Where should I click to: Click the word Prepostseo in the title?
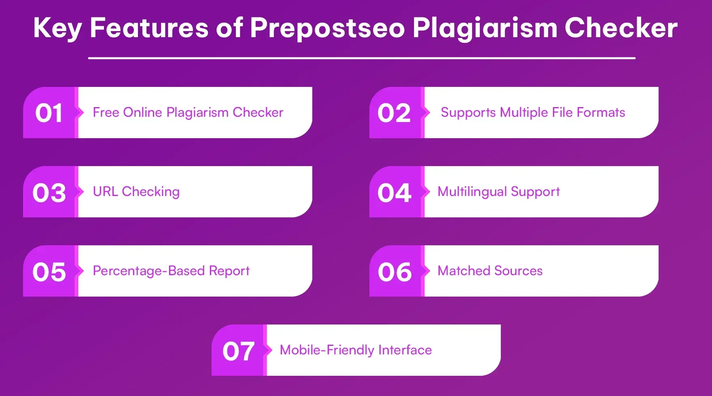pyautogui.click(x=327, y=28)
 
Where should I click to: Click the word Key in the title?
pyautogui.click(x=57, y=28)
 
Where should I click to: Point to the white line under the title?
pyautogui.click(x=362, y=58)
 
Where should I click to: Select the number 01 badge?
pyautogui.click(x=49, y=113)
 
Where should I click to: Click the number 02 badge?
pyautogui.click(x=394, y=113)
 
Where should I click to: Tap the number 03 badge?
pyautogui.click(x=49, y=192)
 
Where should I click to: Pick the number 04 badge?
pyautogui.click(x=394, y=192)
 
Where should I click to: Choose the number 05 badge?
pyautogui.click(x=49, y=272)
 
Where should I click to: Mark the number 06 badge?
pyautogui.click(x=394, y=272)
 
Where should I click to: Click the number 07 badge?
pyautogui.click(x=238, y=351)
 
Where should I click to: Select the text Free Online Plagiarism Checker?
pyautogui.click(x=188, y=112)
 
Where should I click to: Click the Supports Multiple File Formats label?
pyautogui.click(x=533, y=112)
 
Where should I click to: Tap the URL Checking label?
pyautogui.click(x=136, y=192)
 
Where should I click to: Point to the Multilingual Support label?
pyautogui.click(x=498, y=192)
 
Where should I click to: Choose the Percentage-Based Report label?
pyautogui.click(x=171, y=271)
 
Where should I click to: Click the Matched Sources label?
pyautogui.click(x=490, y=271)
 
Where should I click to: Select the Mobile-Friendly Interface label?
pyautogui.click(x=356, y=350)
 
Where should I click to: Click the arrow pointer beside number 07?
pyautogui.click(x=268, y=350)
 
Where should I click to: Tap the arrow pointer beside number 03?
pyautogui.click(x=80, y=192)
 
